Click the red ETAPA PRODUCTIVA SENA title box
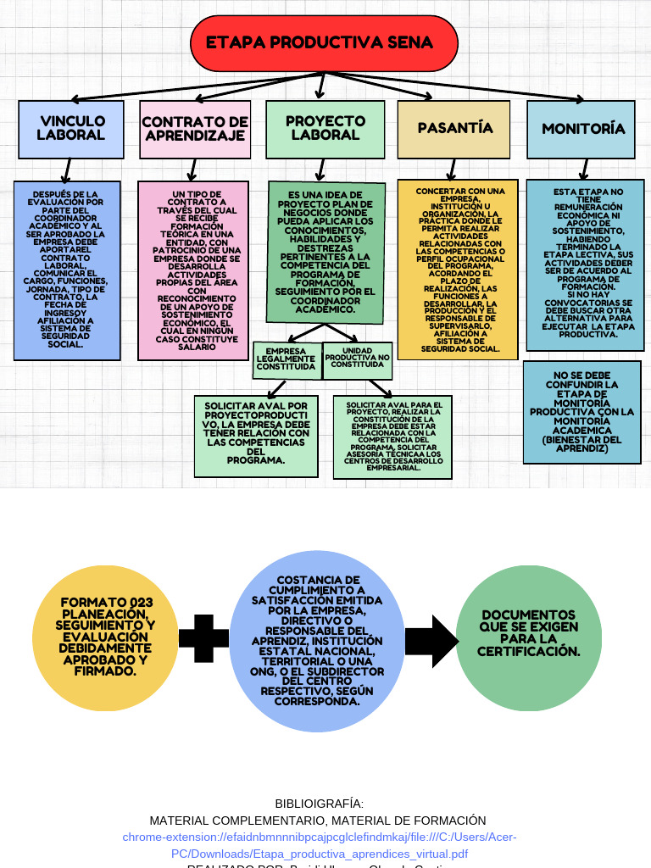[x=324, y=43]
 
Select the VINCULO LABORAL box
[x=71, y=129]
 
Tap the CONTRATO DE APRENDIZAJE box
[x=195, y=130]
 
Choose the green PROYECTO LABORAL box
[x=325, y=129]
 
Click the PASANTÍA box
[x=454, y=129]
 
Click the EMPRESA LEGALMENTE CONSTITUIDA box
[x=287, y=359]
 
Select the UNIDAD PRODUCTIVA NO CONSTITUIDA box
[x=357, y=359]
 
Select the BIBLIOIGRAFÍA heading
[x=319, y=804]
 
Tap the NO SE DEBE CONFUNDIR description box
[x=581, y=412]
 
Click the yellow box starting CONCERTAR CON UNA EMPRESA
[x=455, y=268]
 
